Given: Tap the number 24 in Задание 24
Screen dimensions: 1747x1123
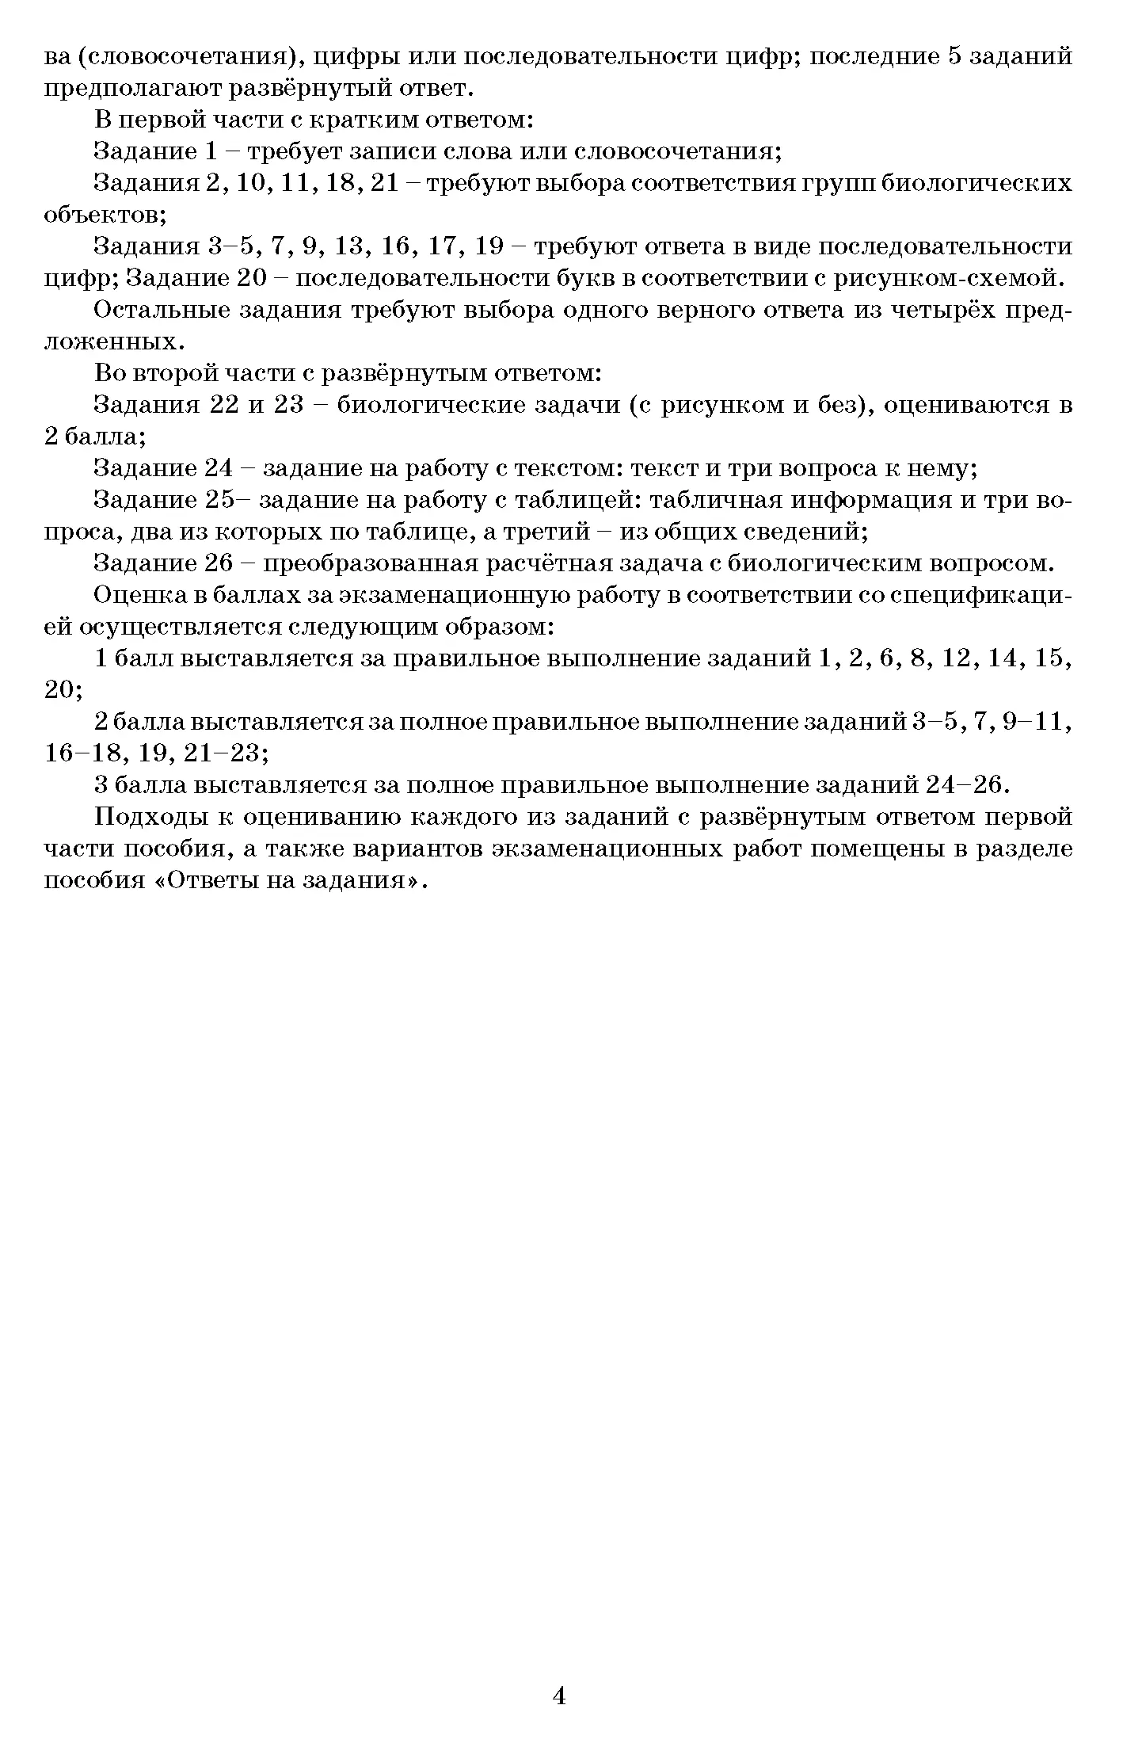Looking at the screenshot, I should [219, 468].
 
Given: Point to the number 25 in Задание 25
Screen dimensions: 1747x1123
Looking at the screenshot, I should [219, 500].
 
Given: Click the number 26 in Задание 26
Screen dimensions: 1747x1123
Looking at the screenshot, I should [219, 563].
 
